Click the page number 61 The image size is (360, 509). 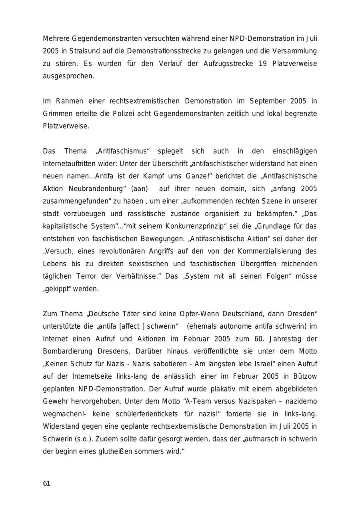pos(46,483)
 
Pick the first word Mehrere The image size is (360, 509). pos(56,39)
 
